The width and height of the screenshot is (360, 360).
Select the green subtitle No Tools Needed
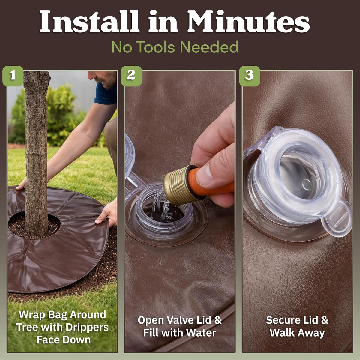click(175, 47)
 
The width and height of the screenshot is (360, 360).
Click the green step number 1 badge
click(13, 76)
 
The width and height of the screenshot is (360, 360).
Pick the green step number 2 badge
click(131, 76)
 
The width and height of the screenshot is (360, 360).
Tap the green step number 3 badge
click(250, 76)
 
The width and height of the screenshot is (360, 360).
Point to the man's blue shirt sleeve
click(106, 93)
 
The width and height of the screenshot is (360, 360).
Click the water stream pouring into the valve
click(161, 207)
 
